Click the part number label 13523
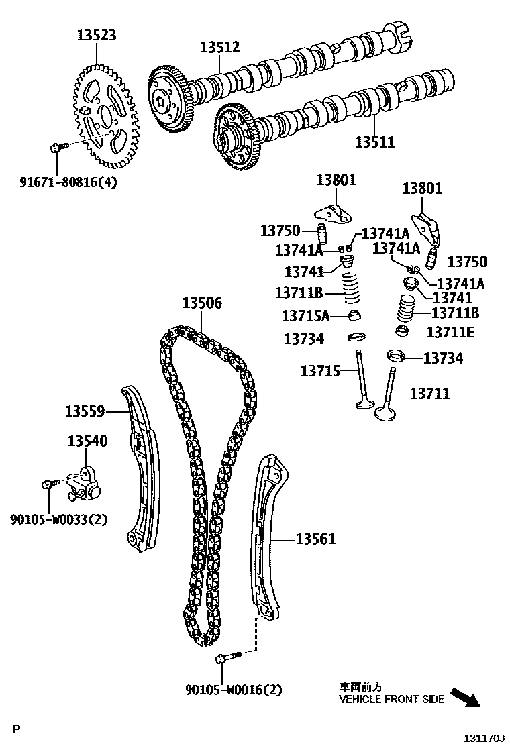tap(95, 35)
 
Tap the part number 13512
tap(219, 47)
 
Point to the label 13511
tap(374, 142)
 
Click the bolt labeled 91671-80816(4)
tap(58, 146)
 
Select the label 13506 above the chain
tap(201, 303)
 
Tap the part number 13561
tap(315, 539)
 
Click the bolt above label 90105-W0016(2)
tap(226, 658)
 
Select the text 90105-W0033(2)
tap(59, 519)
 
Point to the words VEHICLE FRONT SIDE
tap(391, 699)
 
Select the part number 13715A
tap(306, 315)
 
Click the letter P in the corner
tap(18, 728)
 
